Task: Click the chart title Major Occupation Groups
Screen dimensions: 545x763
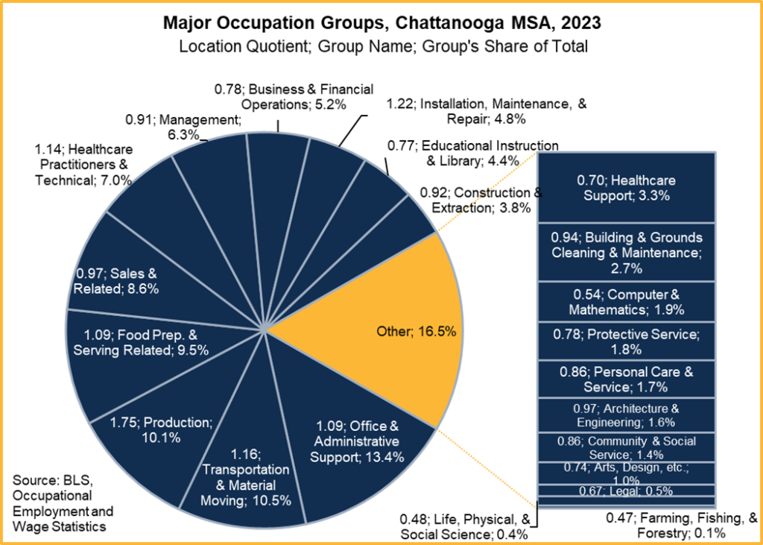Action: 381,23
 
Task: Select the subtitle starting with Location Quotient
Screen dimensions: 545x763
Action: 381,46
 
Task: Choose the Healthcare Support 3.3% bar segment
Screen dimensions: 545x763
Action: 627,188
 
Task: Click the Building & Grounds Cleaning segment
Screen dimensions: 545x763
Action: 627,251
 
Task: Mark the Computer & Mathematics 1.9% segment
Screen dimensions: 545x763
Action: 627,300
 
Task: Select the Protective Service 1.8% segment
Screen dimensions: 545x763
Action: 627,340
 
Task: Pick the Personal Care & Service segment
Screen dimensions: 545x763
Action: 627,379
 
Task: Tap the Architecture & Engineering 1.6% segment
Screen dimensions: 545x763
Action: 627,415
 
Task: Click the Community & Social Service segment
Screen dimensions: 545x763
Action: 627,447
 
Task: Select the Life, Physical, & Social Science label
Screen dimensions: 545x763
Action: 465,526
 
